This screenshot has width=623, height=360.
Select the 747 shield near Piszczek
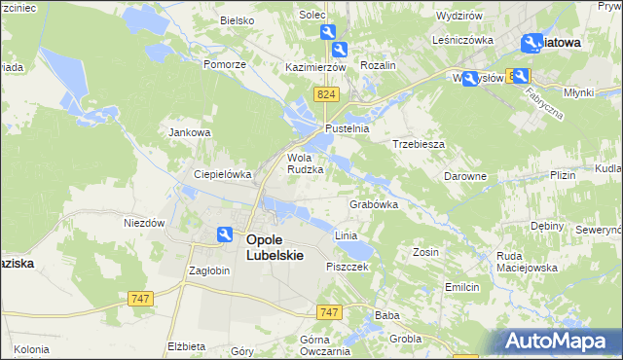(329, 311)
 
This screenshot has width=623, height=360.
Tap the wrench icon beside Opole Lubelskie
(225, 234)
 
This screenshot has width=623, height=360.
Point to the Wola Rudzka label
(305, 162)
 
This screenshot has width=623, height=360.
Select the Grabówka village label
(374, 205)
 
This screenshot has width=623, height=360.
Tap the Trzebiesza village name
(419, 143)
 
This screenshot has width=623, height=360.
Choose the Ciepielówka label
(223, 174)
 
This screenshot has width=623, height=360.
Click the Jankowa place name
(190, 132)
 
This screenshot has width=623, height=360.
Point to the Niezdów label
(143, 222)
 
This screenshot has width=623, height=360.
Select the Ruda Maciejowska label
(526, 262)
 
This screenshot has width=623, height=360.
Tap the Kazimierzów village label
(316, 68)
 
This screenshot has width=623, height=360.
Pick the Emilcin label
(462, 287)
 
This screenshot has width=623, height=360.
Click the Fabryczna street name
(543, 99)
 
